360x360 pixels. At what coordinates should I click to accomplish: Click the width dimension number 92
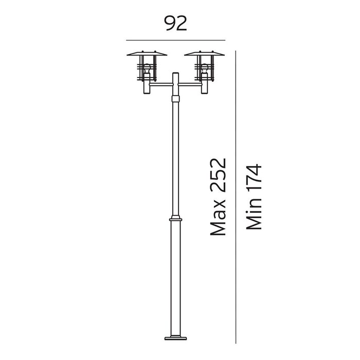[176, 23]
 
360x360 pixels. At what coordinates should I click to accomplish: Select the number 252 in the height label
[218, 175]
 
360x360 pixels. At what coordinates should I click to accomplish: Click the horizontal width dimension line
[176, 40]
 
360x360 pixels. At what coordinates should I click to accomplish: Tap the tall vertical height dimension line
[236, 197]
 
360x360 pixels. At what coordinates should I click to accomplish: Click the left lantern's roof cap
[147, 53]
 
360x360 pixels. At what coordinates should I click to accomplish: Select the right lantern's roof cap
[204, 53]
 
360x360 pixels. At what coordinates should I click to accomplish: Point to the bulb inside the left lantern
[147, 68]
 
